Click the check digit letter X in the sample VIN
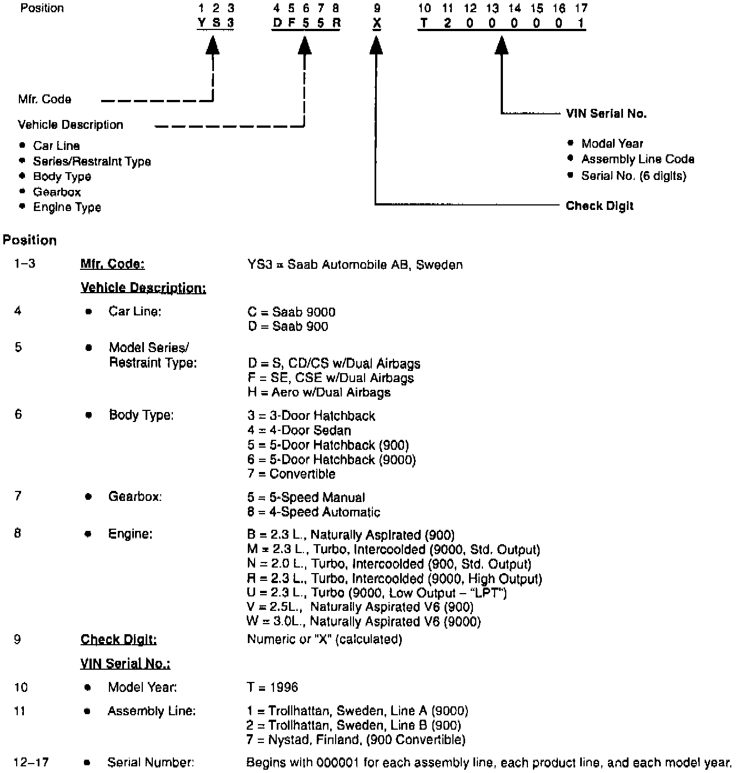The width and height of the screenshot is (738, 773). click(377, 23)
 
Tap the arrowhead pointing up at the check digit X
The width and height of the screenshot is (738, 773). click(376, 46)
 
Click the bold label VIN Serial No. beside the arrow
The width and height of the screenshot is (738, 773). click(606, 114)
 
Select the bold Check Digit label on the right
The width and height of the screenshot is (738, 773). click(600, 206)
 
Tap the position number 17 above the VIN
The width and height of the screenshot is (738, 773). click(581, 8)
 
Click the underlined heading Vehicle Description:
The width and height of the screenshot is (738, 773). click(143, 288)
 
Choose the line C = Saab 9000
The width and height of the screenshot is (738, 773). click(292, 312)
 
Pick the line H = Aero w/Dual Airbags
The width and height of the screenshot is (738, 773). click(319, 393)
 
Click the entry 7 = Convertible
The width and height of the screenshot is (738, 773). click(292, 474)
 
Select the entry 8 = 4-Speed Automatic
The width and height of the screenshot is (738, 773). click(314, 512)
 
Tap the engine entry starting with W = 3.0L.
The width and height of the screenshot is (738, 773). click(364, 622)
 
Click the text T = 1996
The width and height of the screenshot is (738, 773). click(272, 687)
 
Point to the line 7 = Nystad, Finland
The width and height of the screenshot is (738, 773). click(356, 740)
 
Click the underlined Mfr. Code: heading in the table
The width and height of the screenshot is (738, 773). click(112, 264)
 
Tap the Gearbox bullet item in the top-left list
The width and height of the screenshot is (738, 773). click(57, 192)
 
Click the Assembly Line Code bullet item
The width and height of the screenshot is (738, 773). click(637, 159)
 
